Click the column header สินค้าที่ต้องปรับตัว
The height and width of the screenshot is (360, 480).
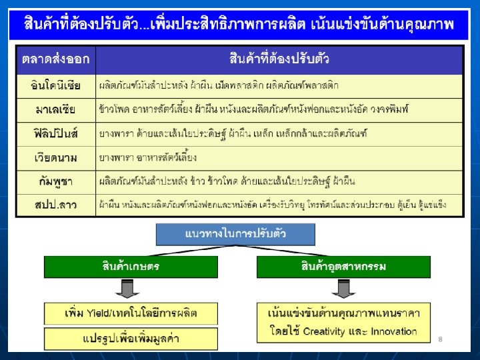coord(279,60)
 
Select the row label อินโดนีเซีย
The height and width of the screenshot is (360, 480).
coord(56,85)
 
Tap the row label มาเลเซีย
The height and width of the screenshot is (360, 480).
coord(56,109)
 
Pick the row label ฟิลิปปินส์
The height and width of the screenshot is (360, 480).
coord(56,133)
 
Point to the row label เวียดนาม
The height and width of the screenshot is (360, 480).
coord(56,157)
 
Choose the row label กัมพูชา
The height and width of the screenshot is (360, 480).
coord(56,181)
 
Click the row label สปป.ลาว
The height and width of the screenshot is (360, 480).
coord(56,205)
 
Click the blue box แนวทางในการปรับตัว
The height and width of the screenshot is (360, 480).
coord(235,234)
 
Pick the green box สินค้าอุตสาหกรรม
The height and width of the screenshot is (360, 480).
coord(343,267)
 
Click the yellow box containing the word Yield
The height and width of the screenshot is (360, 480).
coord(131,313)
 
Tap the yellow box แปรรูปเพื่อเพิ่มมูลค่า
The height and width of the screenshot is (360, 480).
coord(131,338)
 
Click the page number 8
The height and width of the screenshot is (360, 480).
coord(441,339)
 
